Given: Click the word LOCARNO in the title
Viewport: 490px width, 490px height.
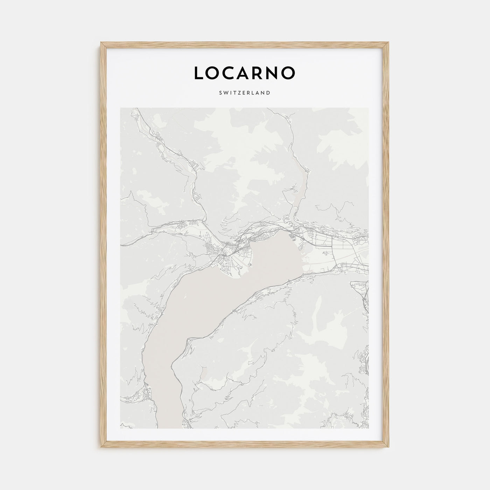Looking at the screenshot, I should click(245, 72).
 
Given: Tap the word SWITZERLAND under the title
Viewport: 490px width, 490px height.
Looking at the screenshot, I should click(245, 93).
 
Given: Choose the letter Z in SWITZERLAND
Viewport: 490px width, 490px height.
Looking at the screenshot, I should click(239, 93).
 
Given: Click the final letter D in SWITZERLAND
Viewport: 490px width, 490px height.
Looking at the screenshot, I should click(268, 93).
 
